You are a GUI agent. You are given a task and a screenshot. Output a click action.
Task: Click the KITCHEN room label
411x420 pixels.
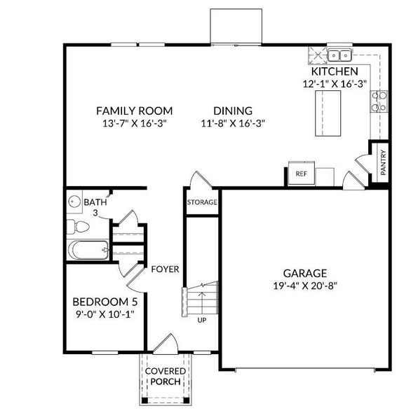tap(335, 71)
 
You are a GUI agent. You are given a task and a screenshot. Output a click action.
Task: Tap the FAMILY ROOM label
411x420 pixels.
tap(134, 111)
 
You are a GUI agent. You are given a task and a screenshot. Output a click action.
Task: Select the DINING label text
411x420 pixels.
tap(233, 111)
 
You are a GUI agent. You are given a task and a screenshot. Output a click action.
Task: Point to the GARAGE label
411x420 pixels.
tap(305, 273)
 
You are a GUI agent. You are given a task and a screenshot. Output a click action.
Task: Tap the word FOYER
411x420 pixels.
tap(165, 269)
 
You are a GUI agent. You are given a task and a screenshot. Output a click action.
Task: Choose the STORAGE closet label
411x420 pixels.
tap(202, 202)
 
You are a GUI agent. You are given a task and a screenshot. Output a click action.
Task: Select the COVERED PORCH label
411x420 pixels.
tap(166, 376)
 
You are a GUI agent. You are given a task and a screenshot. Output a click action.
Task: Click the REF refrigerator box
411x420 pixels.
tap(302, 173)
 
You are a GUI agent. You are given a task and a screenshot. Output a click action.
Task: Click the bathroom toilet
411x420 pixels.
tap(79, 227)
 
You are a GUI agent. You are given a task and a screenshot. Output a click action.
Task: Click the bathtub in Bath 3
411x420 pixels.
tap(88, 250)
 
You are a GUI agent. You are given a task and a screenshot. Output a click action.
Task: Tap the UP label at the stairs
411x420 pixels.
tap(201, 321)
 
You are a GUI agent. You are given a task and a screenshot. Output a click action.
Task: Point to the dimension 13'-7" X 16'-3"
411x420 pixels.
tap(134, 123)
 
